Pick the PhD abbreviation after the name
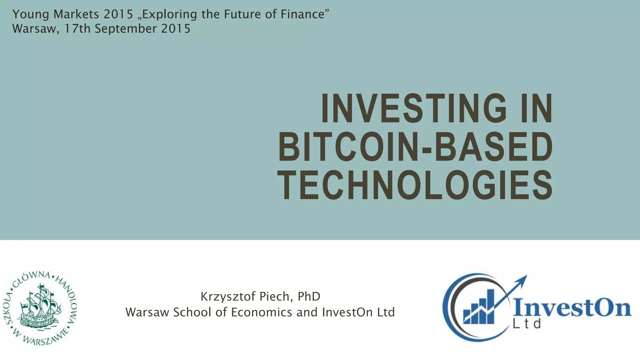pos(309,296)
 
